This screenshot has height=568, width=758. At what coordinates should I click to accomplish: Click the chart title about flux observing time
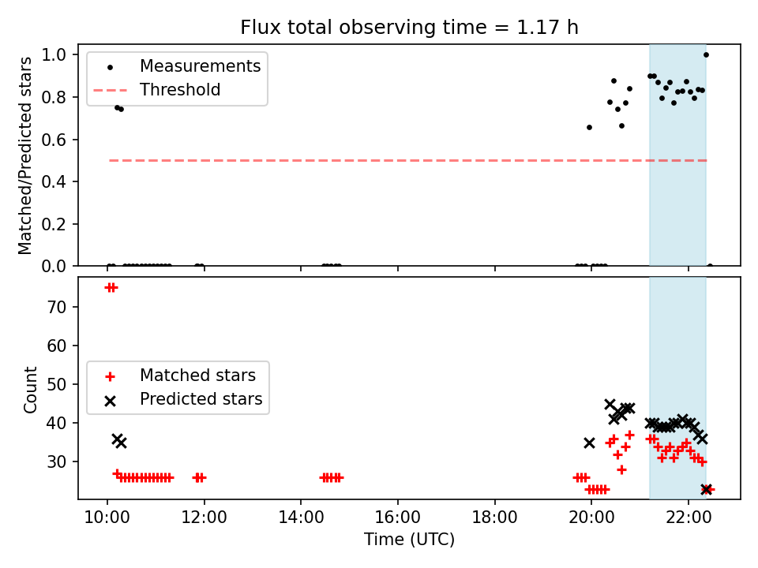[409, 27]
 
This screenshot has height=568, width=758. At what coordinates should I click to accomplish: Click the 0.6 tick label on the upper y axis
[54, 140]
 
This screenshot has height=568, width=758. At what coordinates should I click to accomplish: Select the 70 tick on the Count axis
[57, 307]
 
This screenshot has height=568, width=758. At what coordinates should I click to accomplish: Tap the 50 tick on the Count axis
[57, 384]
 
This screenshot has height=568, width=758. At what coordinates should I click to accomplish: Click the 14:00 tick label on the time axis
[301, 518]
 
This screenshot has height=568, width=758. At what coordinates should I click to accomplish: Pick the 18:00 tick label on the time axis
[494, 518]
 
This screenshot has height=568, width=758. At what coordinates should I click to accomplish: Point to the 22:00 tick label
[689, 518]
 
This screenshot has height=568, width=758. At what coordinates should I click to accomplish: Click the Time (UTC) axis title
[409, 539]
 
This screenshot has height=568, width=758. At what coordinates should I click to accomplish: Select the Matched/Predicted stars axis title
[24, 155]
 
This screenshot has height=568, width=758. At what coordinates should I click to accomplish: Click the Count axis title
[30, 389]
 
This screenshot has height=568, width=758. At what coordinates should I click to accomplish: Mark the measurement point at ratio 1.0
[706, 54]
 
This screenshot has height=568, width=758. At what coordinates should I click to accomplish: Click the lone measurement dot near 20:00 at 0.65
[589, 128]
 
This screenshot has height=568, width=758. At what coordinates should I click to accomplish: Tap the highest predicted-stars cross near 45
[610, 404]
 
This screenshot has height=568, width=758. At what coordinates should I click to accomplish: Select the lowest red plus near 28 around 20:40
[621, 469]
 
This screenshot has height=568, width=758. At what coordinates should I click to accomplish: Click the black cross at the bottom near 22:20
[706, 489]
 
